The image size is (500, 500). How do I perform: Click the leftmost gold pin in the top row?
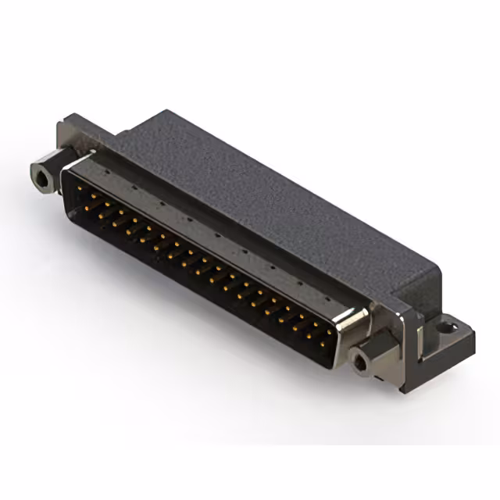[81, 188]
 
